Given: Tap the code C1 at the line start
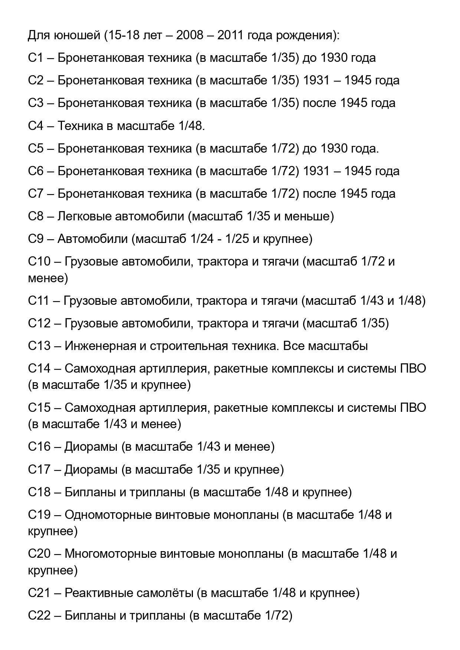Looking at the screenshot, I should click(36, 58).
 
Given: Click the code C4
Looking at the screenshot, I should click(36, 126).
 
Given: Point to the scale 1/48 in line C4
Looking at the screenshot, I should click(190, 126).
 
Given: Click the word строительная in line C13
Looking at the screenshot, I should click(189, 346).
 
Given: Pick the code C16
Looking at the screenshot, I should click(39, 447).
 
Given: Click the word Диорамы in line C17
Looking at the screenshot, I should click(91, 470).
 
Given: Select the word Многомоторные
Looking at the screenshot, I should click(110, 554).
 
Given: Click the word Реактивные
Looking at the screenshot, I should click(94, 593).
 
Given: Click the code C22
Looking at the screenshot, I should click(39, 616).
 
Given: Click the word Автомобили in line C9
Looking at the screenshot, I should click(92, 239).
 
